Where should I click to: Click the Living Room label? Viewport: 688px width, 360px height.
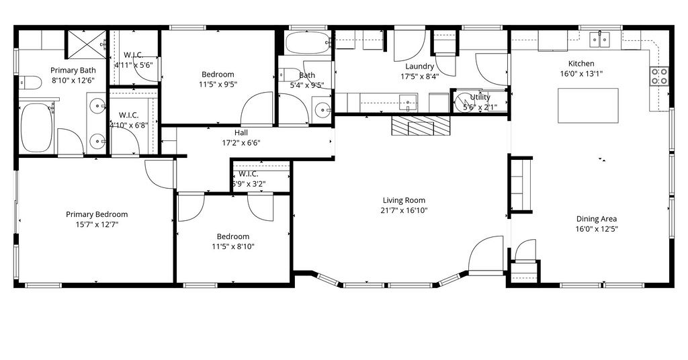[404, 200]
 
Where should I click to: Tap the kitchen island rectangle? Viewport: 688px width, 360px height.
[588, 105]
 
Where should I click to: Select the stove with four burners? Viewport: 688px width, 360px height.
[659, 75]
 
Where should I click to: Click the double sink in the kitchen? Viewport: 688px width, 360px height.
[600, 40]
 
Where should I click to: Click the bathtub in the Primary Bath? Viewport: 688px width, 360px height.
[36, 128]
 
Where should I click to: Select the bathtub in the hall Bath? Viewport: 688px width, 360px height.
[308, 42]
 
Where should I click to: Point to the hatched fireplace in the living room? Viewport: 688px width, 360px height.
[421, 126]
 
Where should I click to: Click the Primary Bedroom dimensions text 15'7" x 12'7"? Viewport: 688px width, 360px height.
[97, 224]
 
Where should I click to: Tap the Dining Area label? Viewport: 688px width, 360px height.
[597, 219]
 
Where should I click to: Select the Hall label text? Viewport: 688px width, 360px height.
[241, 133]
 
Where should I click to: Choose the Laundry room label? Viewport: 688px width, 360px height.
[419, 66]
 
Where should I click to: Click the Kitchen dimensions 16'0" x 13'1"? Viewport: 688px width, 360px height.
[581, 74]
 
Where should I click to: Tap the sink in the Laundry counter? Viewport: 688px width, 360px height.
[408, 103]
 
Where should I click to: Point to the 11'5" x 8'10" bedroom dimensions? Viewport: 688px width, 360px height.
[233, 246]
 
